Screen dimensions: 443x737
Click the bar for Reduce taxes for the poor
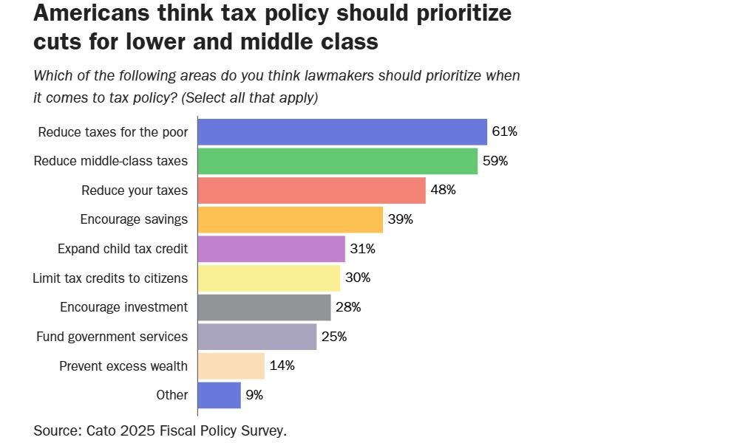coord(342,132)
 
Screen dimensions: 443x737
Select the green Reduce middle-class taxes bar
coord(337,161)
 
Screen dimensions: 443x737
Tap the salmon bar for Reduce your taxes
coord(311,190)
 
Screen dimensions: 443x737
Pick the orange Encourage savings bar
coord(290,219)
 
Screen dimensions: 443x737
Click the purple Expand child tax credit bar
coord(271,249)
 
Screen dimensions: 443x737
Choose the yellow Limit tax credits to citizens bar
coord(268,278)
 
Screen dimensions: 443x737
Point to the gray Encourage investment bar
coord(264,307)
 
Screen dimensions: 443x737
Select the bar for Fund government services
coord(257,337)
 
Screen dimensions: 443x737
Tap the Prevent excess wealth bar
coord(231,365)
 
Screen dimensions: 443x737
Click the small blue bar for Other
coord(219,395)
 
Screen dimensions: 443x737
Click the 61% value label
coord(504,132)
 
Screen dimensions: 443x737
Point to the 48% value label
coord(443,190)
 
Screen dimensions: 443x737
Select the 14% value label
coord(282,365)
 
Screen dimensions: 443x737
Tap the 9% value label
coord(254,395)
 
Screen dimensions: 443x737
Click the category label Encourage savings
coord(134,219)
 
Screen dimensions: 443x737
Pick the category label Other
coord(171,395)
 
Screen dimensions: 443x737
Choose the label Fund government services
coord(112,337)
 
